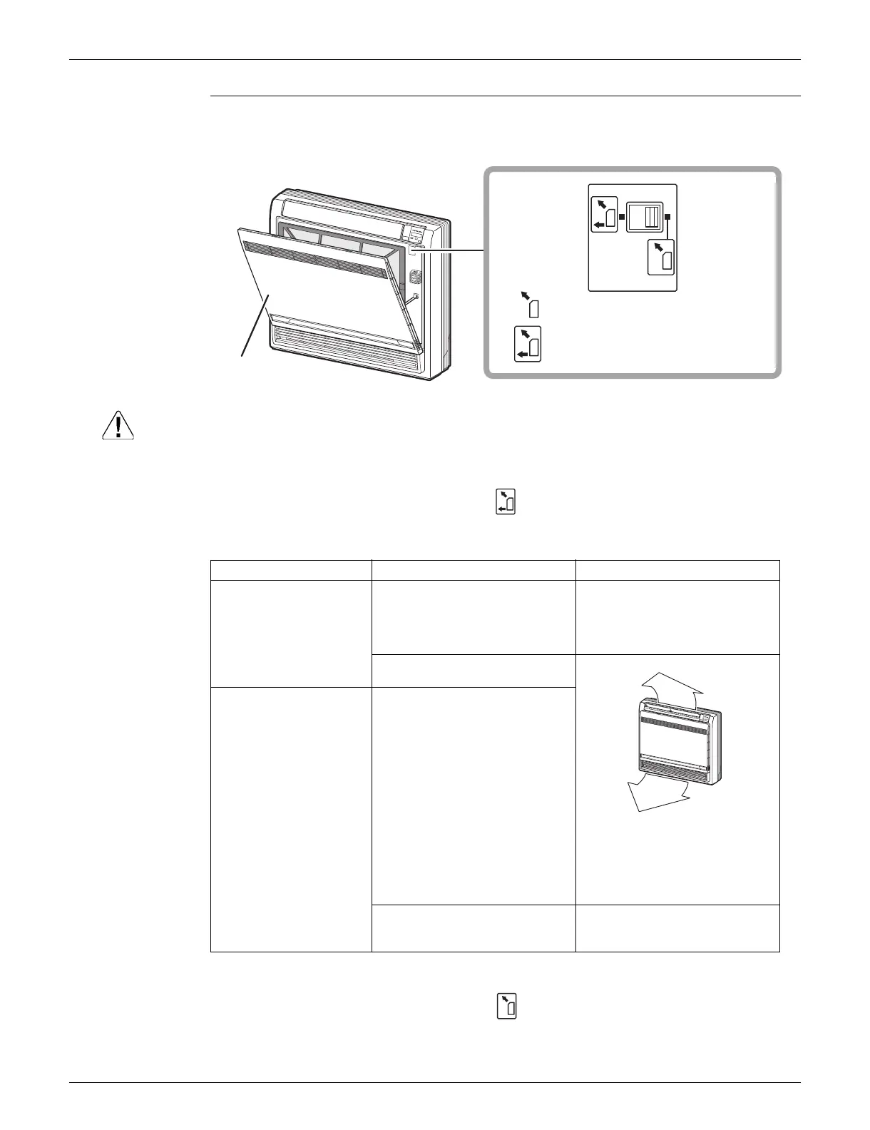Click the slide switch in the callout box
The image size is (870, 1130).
point(645,217)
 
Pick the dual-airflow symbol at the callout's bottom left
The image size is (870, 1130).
point(528,344)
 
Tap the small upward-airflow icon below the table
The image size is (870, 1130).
point(506,1006)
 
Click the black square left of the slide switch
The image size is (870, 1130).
point(622,217)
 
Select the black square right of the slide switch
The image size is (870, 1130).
point(668,217)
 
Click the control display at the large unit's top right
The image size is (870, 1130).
point(417,233)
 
